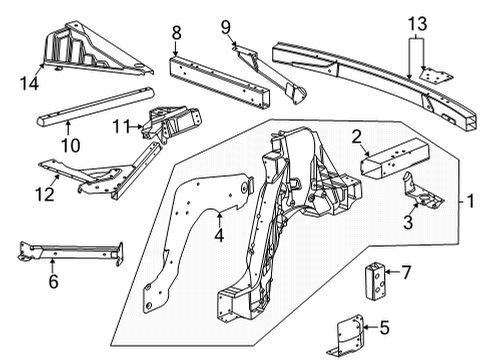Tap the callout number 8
176,32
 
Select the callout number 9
225,26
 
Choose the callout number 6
53,282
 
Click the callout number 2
355,138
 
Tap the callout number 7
407,271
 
